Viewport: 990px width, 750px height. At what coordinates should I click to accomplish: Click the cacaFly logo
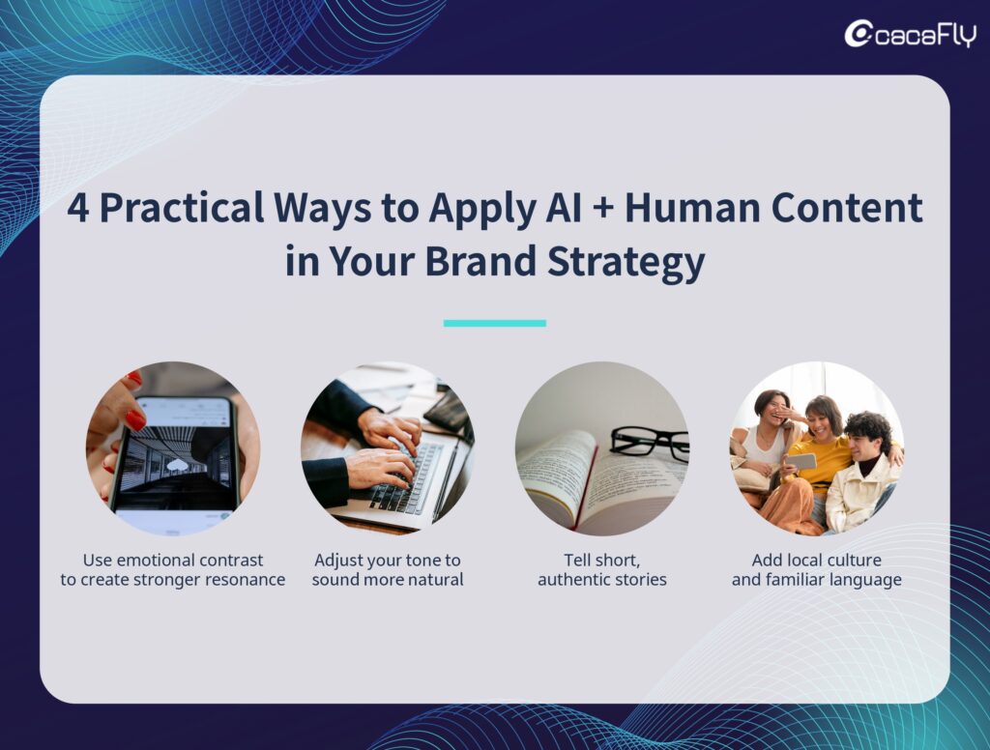click(x=911, y=34)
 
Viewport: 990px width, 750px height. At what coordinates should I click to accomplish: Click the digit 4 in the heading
click(x=77, y=209)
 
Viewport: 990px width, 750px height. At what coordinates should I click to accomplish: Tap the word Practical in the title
click(x=182, y=208)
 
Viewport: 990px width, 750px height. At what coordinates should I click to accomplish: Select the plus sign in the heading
click(x=603, y=209)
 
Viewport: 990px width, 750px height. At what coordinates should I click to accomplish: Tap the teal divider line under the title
click(x=494, y=323)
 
